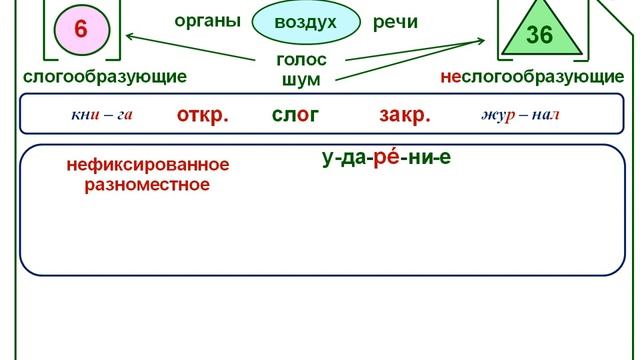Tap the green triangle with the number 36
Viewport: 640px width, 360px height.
click(x=538, y=30)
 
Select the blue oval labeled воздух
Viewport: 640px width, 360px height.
click(x=305, y=23)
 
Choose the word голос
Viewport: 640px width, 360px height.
click(x=301, y=59)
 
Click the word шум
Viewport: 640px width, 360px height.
click(x=301, y=77)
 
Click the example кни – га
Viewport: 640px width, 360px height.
click(x=102, y=114)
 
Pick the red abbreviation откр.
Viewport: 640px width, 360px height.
click(x=202, y=114)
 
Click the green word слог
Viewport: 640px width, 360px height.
click(x=295, y=114)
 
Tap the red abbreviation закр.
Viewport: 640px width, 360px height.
click(x=405, y=114)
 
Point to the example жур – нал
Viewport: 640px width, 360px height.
click(x=520, y=114)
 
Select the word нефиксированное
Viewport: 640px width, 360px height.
click(x=148, y=165)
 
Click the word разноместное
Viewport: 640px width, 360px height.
click(x=147, y=184)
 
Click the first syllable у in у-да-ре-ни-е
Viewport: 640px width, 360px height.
click(x=327, y=158)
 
